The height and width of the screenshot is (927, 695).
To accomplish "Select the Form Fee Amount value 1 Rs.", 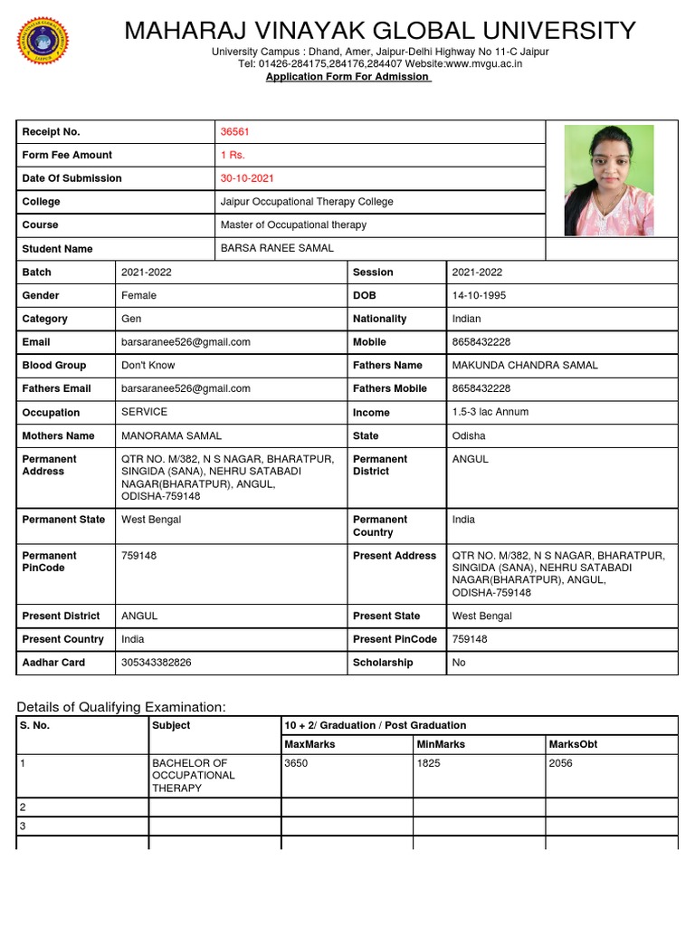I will pos(233,155).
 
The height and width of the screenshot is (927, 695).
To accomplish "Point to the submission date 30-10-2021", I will pos(248,178).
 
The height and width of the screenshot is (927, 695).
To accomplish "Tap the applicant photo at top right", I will pos(608,181).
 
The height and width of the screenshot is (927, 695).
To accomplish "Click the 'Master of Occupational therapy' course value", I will pos(293,225).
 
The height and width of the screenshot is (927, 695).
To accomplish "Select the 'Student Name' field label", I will pos(57,249).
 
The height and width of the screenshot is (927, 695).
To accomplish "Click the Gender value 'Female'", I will pos(138,295).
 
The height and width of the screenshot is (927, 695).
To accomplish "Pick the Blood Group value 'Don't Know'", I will pos(148,365).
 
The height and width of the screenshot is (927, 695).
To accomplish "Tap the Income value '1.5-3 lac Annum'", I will pos(490,412).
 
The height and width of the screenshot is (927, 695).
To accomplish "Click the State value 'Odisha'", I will pos(468,435).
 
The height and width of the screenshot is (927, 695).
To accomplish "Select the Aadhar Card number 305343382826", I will pos(157,663).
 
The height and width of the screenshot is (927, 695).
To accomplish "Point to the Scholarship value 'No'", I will pos(459,663).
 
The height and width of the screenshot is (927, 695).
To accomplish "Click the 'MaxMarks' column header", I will pos(309,744).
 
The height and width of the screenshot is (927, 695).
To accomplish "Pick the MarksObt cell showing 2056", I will pos(561,763).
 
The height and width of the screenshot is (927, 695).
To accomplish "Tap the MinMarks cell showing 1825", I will pos(429,763).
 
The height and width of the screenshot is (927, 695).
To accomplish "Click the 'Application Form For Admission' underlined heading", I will pos(347,77).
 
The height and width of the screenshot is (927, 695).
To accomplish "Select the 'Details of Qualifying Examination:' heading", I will pos(121,706).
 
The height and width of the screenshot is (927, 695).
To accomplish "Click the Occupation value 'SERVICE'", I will pos(144,412).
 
